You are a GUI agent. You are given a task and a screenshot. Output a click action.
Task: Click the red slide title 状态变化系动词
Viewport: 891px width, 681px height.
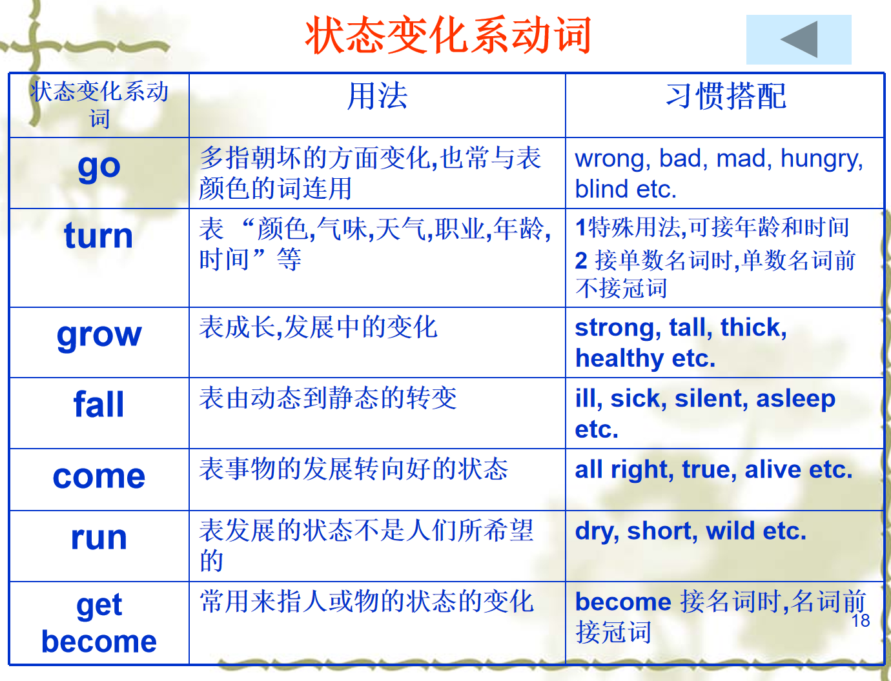coord(448,35)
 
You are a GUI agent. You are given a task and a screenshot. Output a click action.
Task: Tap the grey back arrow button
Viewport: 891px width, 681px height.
coord(799,39)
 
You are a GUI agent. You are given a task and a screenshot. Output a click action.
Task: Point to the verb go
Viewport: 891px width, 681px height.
coord(99,167)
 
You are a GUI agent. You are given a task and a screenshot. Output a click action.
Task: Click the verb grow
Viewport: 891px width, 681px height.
coord(99,336)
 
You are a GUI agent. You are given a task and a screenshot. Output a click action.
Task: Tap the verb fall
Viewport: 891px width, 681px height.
coord(99,404)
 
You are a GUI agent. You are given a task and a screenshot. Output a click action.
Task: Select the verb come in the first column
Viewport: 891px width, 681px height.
coord(99,476)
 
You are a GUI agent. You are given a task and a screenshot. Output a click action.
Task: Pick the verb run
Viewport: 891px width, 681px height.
coord(99,538)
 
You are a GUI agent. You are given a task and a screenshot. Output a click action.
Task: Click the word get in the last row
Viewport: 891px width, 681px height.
coord(99,606)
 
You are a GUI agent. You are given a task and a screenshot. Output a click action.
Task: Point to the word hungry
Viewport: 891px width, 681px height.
coord(821,159)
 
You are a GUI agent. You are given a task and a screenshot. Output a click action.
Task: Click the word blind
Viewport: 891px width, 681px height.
coord(602,188)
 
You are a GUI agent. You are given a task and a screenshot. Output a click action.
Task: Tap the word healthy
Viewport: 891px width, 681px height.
coord(619,359)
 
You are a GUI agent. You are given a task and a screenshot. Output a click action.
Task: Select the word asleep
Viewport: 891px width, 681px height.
coord(795,399)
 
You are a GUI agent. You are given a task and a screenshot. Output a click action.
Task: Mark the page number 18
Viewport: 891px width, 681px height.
coord(861,620)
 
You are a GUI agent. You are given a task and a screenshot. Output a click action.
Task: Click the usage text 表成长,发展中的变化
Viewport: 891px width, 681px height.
coord(318,327)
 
